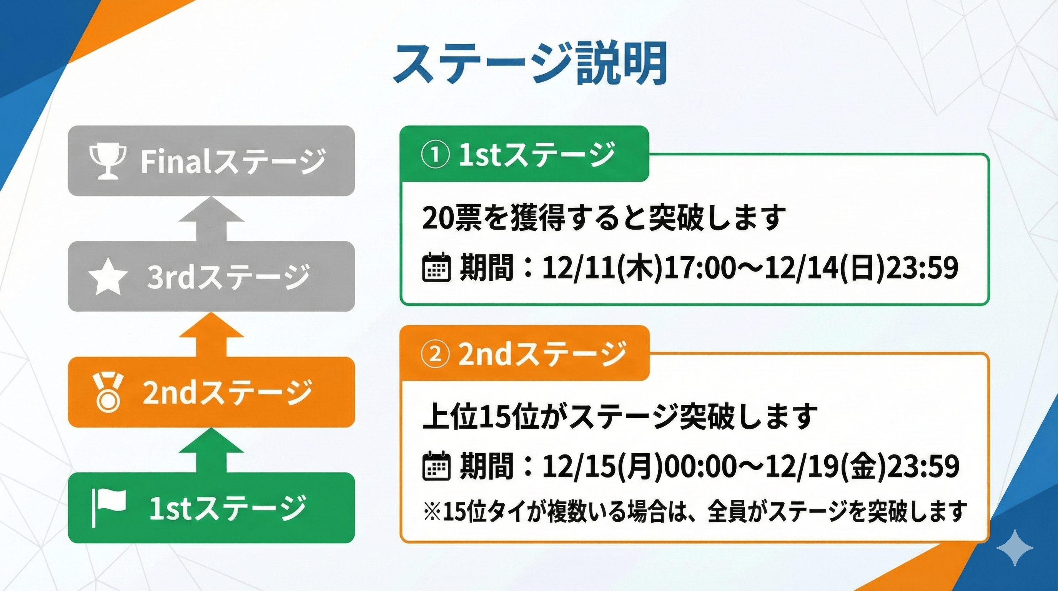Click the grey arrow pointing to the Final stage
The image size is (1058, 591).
tap(211, 219)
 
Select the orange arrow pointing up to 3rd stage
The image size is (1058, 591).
tap(211, 334)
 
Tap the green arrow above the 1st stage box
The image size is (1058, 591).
tap(211, 450)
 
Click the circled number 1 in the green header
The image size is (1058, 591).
tap(435, 155)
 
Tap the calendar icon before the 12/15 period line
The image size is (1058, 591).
tap(437, 466)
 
